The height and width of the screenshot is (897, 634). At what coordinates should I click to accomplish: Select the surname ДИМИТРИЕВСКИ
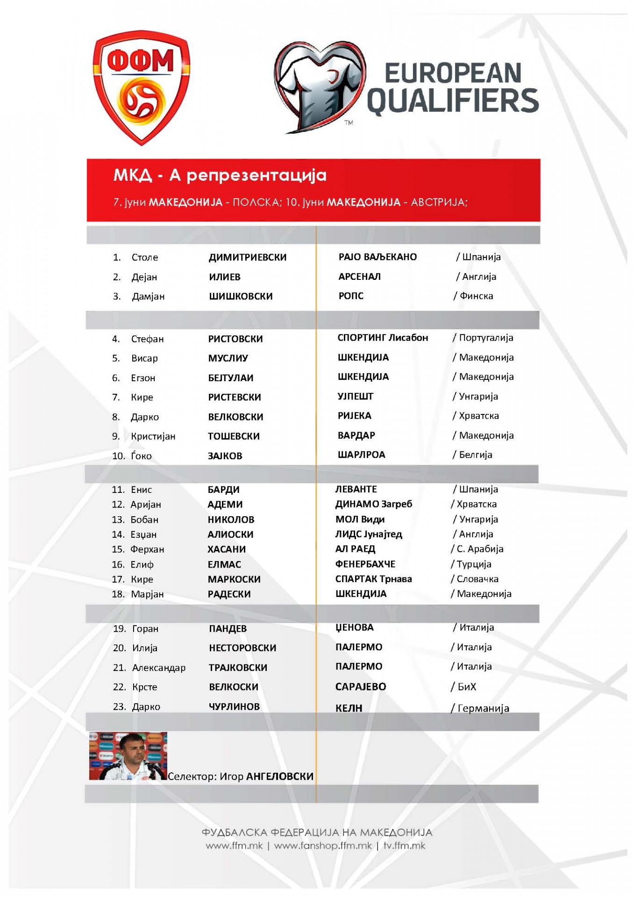tap(248, 257)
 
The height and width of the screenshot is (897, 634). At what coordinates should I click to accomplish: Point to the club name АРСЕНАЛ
tap(359, 277)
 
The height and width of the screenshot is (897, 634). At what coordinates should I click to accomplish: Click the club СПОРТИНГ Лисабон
tap(383, 338)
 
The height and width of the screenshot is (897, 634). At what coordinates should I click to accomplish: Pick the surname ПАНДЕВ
tap(228, 629)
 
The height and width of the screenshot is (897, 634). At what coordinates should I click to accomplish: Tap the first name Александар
tap(158, 668)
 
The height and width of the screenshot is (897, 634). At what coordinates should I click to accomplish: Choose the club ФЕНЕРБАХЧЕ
tap(365, 564)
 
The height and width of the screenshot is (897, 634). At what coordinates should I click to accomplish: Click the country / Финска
tap(473, 296)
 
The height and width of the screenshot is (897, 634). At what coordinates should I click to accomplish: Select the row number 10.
tap(119, 456)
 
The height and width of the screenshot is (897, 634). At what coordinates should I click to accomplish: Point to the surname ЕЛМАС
tap(224, 565)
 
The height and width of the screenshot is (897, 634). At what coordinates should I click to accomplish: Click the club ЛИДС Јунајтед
tap(369, 534)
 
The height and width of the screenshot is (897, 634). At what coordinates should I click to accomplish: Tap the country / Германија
tap(480, 708)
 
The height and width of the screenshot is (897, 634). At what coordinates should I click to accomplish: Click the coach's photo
tap(128, 756)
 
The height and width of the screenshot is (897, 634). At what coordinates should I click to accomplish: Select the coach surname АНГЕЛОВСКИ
tap(279, 776)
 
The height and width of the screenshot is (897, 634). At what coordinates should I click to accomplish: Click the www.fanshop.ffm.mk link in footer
tap(323, 846)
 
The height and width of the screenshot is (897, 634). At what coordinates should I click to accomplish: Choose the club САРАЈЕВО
tap(361, 687)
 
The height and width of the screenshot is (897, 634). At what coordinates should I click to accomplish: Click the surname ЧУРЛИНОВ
tap(234, 707)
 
